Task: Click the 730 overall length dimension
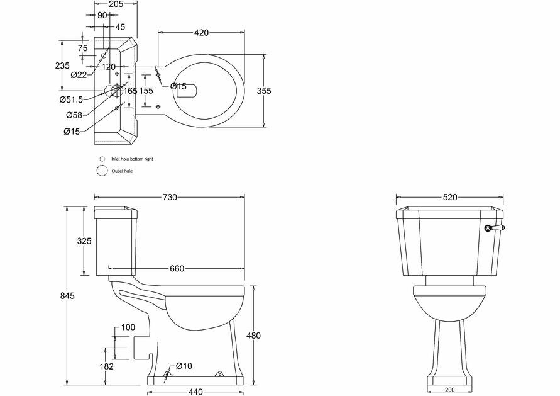tap(170, 198)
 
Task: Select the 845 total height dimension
tap(67, 296)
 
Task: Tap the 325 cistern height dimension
tap(84, 241)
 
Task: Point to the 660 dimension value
tap(177, 269)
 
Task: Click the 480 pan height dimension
tap(253, 336)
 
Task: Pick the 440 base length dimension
tap(195, 392)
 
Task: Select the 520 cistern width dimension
tap(449, 197)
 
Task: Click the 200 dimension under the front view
tap(449, 390)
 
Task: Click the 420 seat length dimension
tap(201, 33)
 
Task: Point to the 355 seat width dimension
tap(264, 91)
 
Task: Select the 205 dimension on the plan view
tap(115, 4)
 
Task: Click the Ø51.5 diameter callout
tap(72, 100)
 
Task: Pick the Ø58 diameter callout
tap(74, 115)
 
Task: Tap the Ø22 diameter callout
tap(79, 75)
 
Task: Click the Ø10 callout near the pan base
tap(182, 366)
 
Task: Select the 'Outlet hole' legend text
tap(123, 171)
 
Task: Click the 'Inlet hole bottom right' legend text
tap(131, 159)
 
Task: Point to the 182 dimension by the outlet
tap(106, 366)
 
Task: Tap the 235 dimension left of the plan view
tap(62, 65)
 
